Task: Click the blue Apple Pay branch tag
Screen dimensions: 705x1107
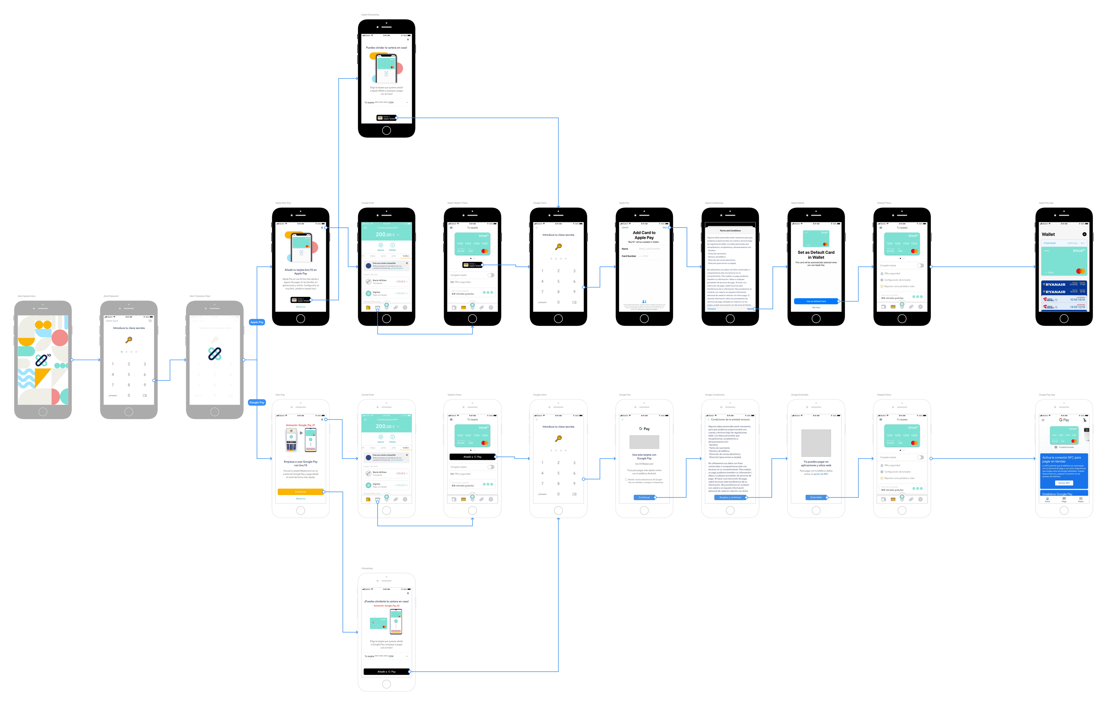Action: [x=257, y=322]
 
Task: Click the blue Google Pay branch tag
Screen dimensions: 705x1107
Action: [x=257, y=402]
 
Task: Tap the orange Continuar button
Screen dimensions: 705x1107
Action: [x=300, y=491]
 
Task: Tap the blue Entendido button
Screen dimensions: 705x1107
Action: [x=816, y=497]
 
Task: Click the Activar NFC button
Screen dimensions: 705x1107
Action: [x=1064, y=483]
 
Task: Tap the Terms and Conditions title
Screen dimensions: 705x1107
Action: [x=730, y=230]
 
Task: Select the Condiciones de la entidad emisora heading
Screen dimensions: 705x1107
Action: [x=730, y=419]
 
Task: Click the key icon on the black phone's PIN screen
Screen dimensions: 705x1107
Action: [x=558, y=247]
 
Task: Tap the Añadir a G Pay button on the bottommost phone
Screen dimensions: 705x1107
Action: [x=386, y=671]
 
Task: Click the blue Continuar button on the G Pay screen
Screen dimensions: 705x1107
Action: [x=644, y=497]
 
